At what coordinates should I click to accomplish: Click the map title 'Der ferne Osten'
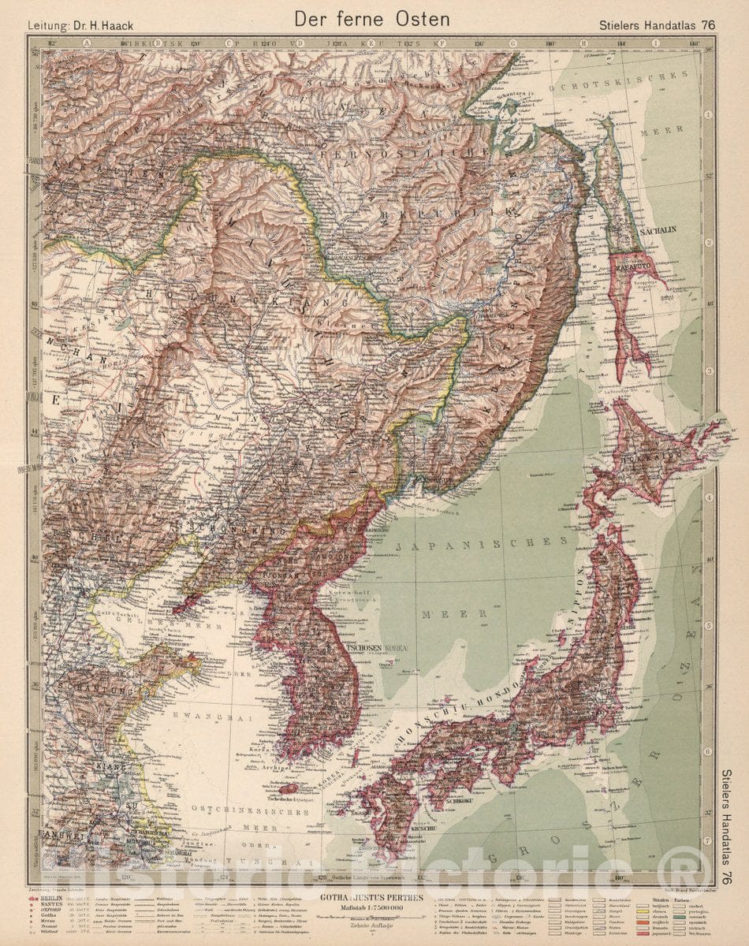(x=374, y=19)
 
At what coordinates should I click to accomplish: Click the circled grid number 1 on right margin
(x=709, y=115)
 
